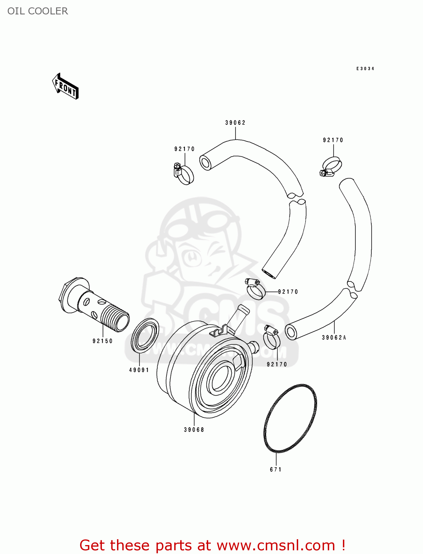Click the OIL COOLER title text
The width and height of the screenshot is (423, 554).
(x=38, y=11)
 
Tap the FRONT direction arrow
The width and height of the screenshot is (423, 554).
(x=65, y=86)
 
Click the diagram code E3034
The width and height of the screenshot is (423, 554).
(x=365, y=69)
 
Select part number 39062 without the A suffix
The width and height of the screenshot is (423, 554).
(x=235, y=123)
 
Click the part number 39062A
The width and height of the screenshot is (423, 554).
(x=334, y=338)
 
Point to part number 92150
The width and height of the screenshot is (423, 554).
(x=103, y=341)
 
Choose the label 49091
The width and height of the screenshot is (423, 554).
(x=139, y=370)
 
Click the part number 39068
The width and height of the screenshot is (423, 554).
(x=194, y=430)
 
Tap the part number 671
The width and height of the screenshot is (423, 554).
(x=276, y=470)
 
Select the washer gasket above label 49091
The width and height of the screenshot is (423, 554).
(x=145, y=335)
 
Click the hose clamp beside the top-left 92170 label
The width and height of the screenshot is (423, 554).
(x=183, y=174)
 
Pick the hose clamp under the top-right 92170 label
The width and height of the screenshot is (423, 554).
(x=331, y=167)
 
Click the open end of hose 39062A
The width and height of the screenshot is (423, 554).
(x=291, y=332)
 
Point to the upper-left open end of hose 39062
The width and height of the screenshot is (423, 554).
(x=206, y=163)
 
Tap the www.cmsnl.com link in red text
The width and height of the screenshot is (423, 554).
(x=275, y=545)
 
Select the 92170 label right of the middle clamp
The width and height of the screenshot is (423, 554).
(x=288, y=292)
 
